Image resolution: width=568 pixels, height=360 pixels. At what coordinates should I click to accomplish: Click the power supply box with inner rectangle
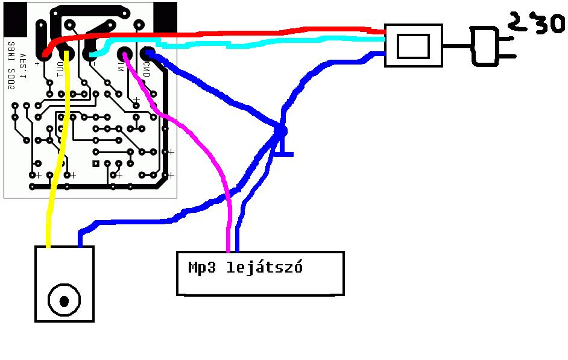pos(413,45)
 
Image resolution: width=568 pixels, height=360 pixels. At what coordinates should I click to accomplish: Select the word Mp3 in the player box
pos(201,267)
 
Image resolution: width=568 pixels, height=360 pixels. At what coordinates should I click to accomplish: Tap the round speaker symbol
pos(65,299)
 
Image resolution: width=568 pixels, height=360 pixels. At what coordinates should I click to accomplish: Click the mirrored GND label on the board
pos(147,69)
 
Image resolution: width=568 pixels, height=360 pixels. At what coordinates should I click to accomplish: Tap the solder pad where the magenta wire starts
pos(125,53)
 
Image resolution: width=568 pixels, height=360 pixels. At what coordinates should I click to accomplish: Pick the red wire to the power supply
pos(241,31)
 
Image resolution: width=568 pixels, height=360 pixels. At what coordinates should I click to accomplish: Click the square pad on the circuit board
pos(95,163)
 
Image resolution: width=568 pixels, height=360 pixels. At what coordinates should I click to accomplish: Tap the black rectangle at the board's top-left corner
pos(15,17)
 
